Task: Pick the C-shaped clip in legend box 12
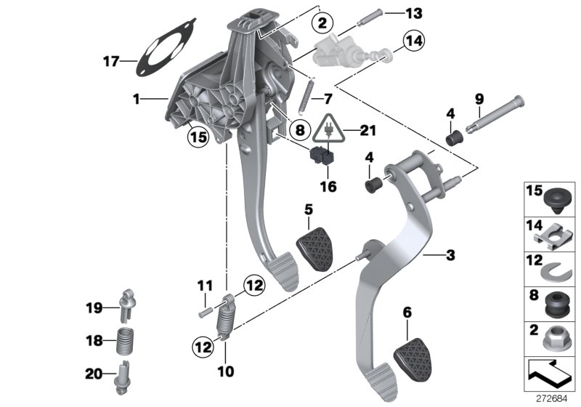click(x=553, y=270)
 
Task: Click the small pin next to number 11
click(x=203, y=311)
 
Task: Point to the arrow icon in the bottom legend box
click(x=552, y=375)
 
